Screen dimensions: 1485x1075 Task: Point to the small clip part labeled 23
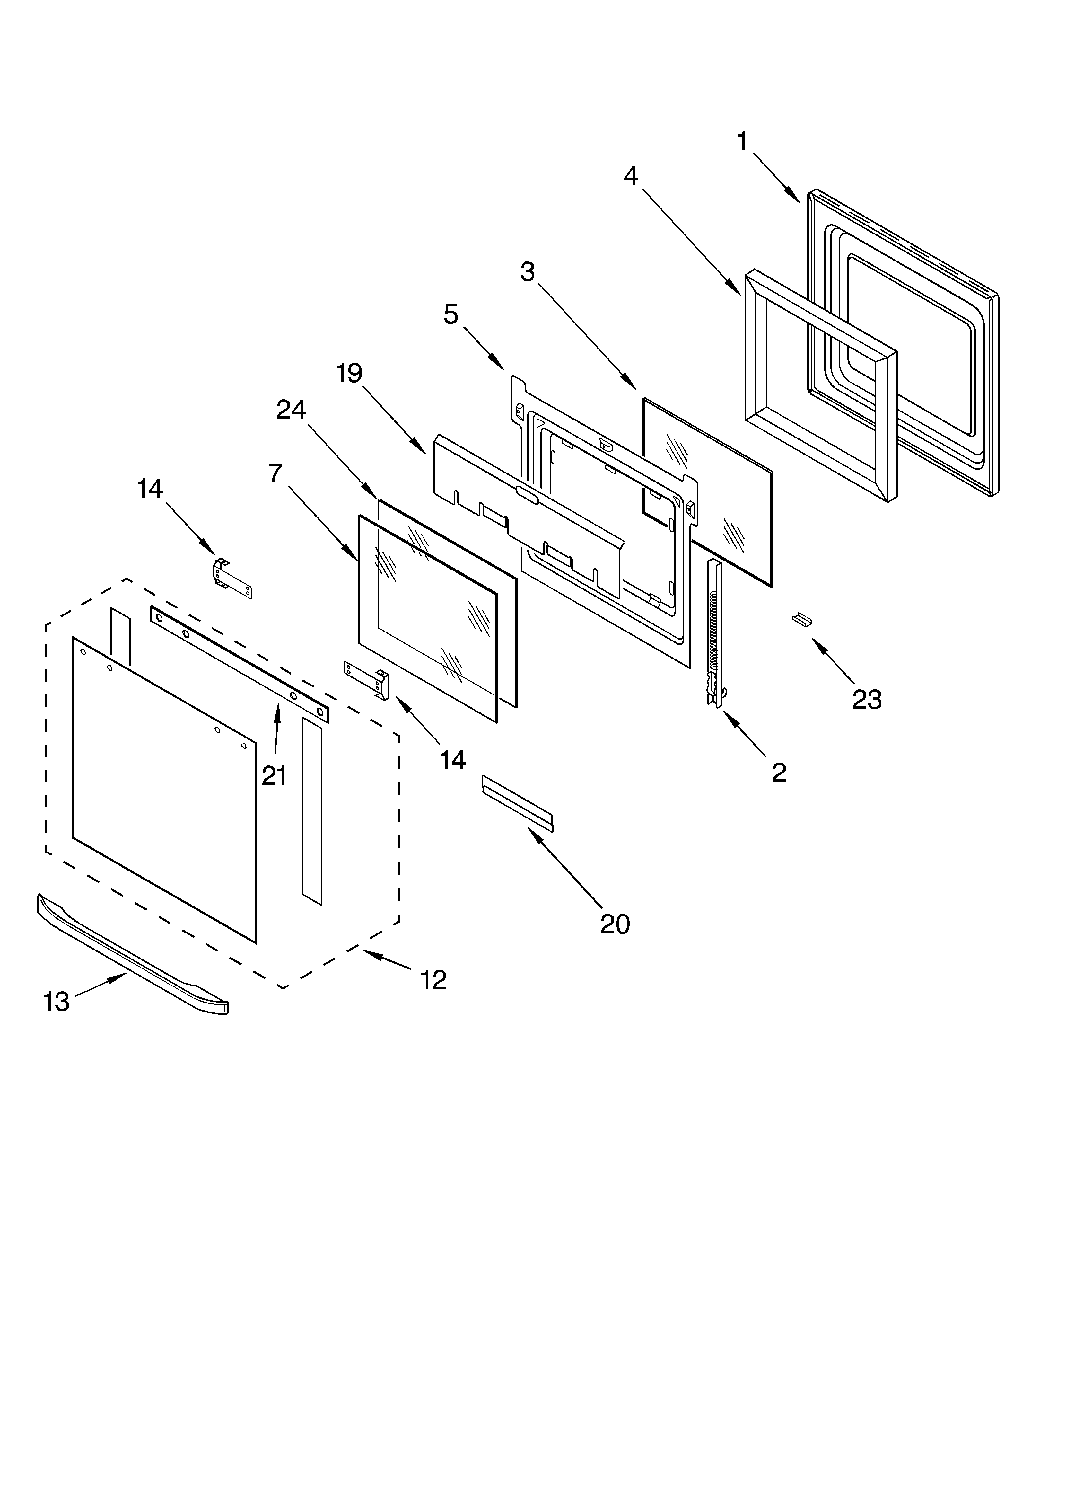coord(801,619)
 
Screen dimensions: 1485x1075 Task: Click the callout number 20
coord(615,924)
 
